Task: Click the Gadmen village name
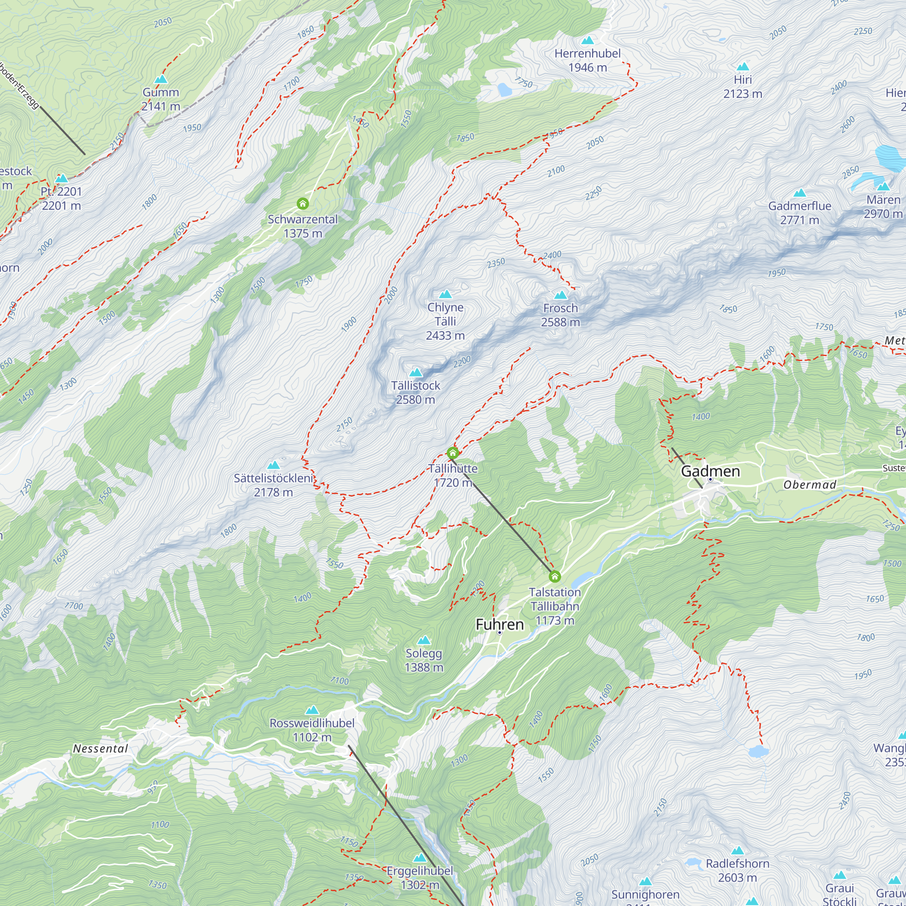click(x=710, y=471)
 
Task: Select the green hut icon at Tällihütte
click(x=453, y=453)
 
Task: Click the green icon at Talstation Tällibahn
click(x=554, y=576)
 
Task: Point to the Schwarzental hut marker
click(x=303, y=203)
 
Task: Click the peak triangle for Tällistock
click(x=415, y=373)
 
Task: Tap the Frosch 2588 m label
click(x=560, y=315)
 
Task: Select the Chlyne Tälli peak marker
click(x=445, y=294)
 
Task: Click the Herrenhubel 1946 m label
click(x=587, y=61)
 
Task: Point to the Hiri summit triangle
click(x=742, y=67)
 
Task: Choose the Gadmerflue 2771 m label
click(x=800, y=212)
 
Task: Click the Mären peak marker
click(x=883, y=187)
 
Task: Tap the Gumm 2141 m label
click(x=161, y=99)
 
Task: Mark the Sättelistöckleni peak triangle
click(x=274, y=465)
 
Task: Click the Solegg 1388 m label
click(x=424, y=660)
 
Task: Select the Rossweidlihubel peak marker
click(x=312, y=710)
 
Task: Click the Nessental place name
click(x=101, y=749)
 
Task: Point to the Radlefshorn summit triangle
click(x=737, y=851)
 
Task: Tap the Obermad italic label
click(x=810, y=485)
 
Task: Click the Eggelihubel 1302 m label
click(x=420, y=878)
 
